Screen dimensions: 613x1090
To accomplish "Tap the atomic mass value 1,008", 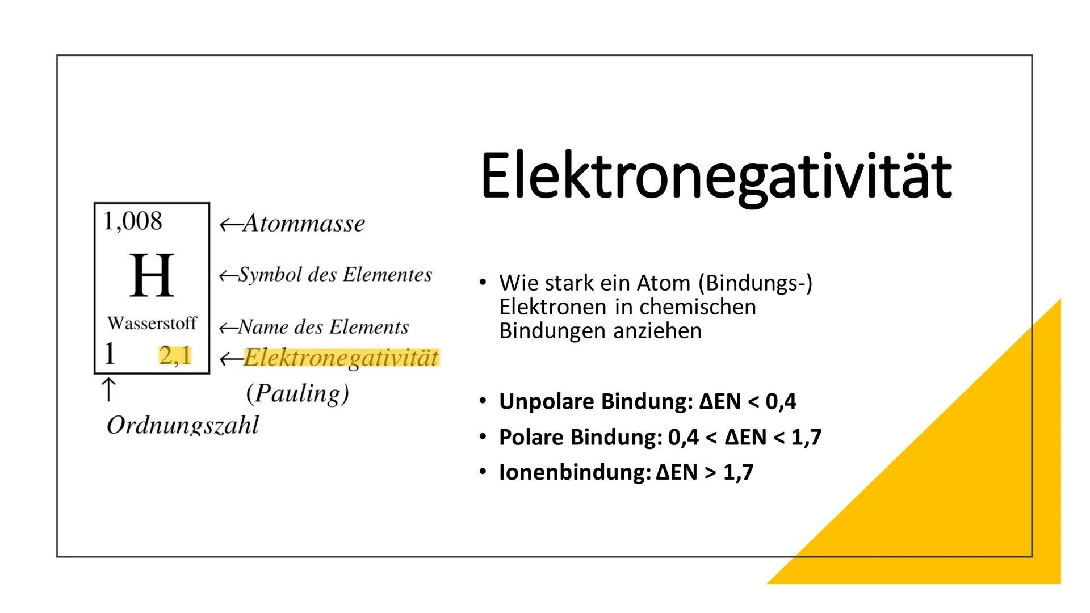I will [132, 221].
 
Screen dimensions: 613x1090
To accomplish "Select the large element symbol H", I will [152, 276].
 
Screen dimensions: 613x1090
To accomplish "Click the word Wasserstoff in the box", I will [152, 324].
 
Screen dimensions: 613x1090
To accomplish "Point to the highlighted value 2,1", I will [175, 356].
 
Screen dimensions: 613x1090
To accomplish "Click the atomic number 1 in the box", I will [110, 354].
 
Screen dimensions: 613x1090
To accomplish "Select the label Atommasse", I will [304, 224].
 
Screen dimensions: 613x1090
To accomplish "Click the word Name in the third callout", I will [262, 327].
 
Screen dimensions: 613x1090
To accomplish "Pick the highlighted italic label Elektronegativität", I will [341, 358].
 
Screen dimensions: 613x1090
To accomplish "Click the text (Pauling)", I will [297, 393].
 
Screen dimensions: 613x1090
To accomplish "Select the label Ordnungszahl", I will [182, 425].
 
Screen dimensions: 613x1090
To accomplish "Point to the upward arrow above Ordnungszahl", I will [108, 391].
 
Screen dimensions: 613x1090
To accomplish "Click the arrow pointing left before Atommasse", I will [230, 225].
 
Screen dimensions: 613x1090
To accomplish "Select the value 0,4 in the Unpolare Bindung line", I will [781, 401].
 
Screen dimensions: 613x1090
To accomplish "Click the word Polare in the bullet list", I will [531, 437].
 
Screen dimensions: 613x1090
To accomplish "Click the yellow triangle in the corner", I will [976, 499].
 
